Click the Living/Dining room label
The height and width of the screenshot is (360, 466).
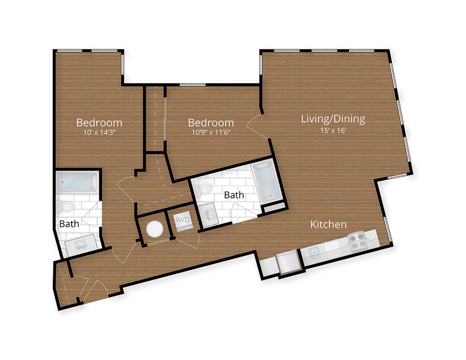click(x=333, y=119)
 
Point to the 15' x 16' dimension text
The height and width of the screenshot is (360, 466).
click(x=333, y=131)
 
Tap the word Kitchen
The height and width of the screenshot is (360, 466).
click(x=328, y=224)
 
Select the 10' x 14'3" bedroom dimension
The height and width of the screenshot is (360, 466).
click(x=99, y=132)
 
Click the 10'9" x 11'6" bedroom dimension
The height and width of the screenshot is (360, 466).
click(x=211, y=132)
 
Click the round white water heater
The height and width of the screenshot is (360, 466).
click(x=154, y=229)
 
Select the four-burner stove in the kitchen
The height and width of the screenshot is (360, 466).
click(x=359, y=241)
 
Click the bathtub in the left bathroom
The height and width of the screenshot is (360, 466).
click(x=77, y=183)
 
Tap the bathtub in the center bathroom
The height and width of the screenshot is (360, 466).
click(x=266, y=183)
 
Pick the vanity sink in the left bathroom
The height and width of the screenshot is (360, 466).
click(x=81, y=245)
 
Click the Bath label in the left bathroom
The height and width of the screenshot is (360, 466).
click(x=69, y=224)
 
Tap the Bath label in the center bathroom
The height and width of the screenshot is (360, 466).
click(x=234, y=195)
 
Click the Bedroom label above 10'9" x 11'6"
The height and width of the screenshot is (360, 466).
click(x=211, y=123)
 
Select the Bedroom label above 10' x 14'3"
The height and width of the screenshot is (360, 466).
click(x=99, y=123)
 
